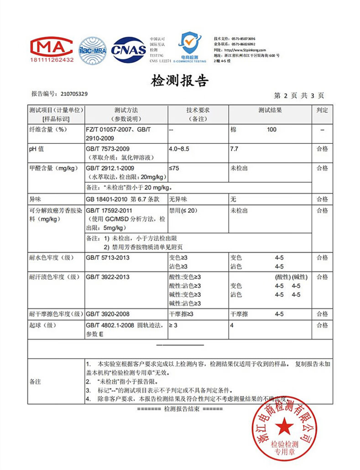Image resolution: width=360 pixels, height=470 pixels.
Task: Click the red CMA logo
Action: click(52, 49)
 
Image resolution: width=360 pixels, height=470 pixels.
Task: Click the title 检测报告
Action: click(180, 81)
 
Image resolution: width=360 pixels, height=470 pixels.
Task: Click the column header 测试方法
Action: click(126, 110)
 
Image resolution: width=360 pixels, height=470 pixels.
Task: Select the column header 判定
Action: click(322, 110)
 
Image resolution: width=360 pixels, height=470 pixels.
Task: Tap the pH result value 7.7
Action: click(235, 149)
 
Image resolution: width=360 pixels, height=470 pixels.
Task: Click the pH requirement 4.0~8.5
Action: click(179, 149)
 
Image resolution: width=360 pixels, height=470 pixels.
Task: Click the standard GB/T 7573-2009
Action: click(107, 149)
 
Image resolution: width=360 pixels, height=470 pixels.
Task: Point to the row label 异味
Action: click(35, 199)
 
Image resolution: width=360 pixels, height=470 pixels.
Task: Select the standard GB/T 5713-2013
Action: click(107, 258)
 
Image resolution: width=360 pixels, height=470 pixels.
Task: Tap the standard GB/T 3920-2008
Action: click(107, 314)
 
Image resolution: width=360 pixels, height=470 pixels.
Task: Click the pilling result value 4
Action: click(232, 325)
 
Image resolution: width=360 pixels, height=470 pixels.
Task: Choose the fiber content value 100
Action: click(271, 130)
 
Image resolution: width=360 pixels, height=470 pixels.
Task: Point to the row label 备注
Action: click(35, 381)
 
